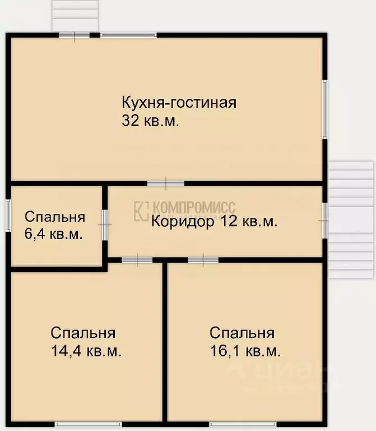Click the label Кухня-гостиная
(179, 103)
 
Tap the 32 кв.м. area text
(150, 121)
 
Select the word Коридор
(183, 221)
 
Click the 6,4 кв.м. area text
(53, 234)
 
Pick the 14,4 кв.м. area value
(86, 352)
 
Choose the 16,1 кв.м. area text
(245, 352)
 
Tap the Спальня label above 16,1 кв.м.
(242, 333)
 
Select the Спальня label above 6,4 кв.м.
(54, 217)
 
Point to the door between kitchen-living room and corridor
(166, 183)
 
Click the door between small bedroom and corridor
(105, 224)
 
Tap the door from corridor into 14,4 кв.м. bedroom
(137, 259)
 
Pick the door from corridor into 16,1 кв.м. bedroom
(203, 259)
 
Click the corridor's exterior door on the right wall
(324, 221)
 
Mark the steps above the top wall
(76, 16)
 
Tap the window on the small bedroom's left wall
(8, 214)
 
